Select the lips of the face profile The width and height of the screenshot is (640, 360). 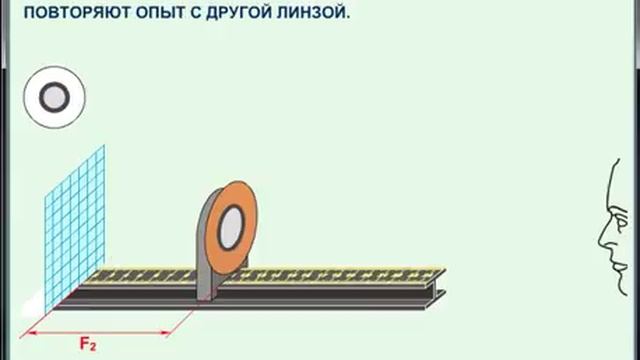point(609,258)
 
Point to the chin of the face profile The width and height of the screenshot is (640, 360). point(613,274)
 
